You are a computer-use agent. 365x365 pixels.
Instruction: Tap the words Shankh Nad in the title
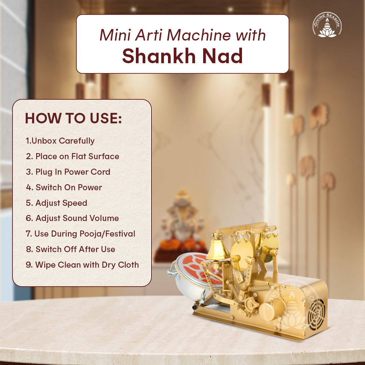tap(182, 56)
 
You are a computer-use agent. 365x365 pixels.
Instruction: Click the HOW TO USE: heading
tap(73, 118)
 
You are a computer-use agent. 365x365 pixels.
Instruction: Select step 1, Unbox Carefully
tap(60, 141)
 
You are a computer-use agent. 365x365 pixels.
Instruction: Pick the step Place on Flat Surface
tap(72, 156)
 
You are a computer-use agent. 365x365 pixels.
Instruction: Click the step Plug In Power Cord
tap(68, 172)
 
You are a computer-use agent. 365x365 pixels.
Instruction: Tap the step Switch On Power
tap(64, 187)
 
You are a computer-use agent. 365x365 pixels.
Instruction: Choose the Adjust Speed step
tap(56, 203)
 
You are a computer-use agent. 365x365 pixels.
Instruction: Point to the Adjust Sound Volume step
tap(72, 218)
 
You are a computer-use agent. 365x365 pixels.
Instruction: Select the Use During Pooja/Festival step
tap(80, 234)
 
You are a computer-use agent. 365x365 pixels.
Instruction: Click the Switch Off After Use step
tap(70, 249)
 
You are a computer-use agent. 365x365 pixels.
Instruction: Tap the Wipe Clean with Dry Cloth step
tap(82, 265)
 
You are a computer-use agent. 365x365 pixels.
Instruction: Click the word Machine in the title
tap(199, 35)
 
